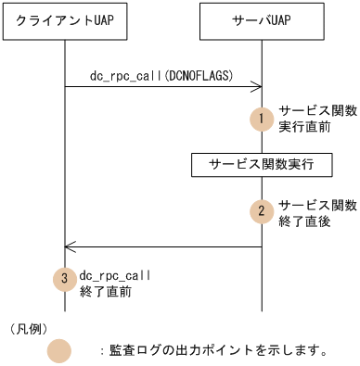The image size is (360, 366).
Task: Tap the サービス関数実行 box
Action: tap(260, 166)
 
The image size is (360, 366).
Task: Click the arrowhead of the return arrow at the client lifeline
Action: tap(69, 246)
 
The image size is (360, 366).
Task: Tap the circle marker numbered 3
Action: tap(64, 281)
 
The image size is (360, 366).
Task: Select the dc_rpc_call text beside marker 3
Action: tap(116, 275)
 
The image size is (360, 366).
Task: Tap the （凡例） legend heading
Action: tap(27, 327)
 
